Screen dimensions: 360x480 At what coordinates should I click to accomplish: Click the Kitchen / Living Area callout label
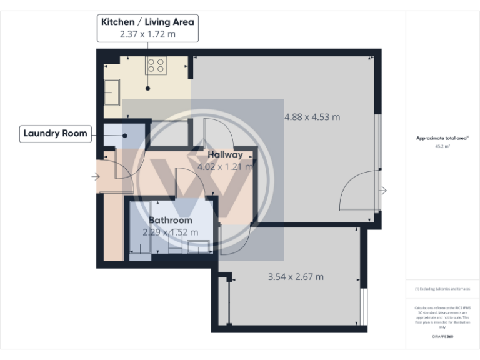[147, 22]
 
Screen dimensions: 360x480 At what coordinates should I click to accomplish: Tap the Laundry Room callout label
[55, 133]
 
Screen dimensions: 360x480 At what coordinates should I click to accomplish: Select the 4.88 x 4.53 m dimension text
[312, 117]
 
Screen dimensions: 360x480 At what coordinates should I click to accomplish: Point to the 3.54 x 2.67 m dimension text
[296, 277]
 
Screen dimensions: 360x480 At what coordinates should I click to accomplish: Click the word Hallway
[225, 154]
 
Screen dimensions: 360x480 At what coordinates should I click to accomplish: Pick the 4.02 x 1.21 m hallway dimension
[225, 167]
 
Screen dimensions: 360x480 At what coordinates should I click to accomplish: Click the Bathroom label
[170, 221]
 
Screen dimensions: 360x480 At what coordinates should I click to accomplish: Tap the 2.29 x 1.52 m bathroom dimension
[170, 232]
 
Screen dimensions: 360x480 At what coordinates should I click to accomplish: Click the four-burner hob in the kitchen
[156, 66]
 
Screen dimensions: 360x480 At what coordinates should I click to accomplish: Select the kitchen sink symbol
[113, 94]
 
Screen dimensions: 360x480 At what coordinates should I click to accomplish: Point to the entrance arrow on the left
[95, 177]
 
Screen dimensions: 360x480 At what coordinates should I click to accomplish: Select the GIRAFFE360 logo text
[442, 337]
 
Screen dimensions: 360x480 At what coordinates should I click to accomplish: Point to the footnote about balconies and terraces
[442, 289]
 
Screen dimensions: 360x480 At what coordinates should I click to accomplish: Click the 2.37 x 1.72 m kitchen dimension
[147, 34]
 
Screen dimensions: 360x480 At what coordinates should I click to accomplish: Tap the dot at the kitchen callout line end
[147, 88]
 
